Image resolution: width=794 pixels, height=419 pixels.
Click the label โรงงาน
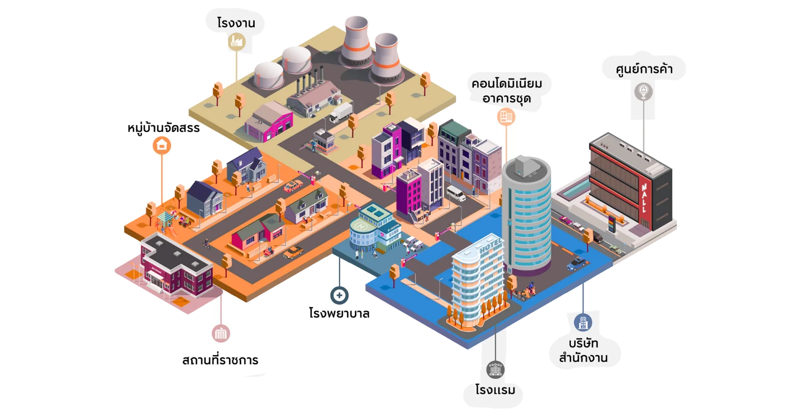point(236,23)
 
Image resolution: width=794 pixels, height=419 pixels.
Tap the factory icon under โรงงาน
point(236,42)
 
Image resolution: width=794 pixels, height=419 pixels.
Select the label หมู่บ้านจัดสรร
point(164,128)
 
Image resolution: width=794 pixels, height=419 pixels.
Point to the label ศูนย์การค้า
point(644,69)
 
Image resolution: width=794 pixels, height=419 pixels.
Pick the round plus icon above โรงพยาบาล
point(340,295)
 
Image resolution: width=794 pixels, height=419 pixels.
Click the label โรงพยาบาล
point(340,313)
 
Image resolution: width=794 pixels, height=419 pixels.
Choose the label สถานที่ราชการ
point(220,360)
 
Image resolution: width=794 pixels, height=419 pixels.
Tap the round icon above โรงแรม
point(495,369)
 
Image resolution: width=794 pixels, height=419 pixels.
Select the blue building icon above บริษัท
point(583,322)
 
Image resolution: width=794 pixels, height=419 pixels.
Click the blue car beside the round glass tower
point(577,263)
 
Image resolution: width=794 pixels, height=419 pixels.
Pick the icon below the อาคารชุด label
point(506,116)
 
